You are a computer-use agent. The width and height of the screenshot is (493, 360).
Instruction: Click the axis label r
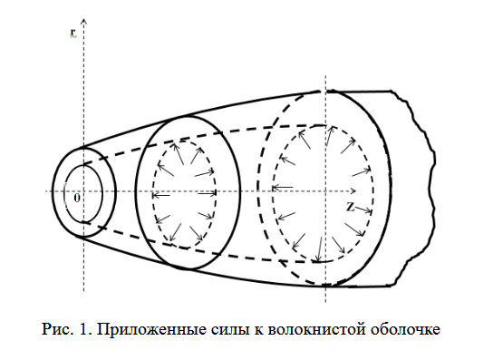click(72, 33)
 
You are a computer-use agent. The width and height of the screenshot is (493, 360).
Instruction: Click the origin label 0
click(77, 198)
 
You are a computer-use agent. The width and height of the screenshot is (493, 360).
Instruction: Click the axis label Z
click(350, 207)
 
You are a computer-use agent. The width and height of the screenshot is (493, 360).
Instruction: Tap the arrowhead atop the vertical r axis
click(84, 22)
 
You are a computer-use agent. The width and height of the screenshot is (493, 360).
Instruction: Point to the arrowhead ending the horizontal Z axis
click(353, 191)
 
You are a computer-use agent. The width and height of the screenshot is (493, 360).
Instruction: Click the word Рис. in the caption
click(56, 329)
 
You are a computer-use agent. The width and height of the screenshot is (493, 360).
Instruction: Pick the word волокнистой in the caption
click(316, 330)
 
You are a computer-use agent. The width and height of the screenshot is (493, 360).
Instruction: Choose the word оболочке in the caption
click(406, 330)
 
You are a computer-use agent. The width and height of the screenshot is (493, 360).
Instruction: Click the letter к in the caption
click(258, 330)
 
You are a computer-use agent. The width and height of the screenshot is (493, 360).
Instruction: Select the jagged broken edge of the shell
click(419, 189)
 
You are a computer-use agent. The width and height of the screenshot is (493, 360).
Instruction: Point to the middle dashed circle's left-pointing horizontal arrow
click(160, 196)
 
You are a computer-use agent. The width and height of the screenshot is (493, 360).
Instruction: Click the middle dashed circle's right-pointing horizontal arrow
click(208, 193)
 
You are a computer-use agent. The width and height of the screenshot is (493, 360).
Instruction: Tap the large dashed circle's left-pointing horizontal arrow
click(283, 188)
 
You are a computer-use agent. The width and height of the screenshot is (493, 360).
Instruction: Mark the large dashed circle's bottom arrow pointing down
click(319, 249)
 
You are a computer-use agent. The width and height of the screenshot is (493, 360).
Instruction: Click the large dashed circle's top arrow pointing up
click(329, 136)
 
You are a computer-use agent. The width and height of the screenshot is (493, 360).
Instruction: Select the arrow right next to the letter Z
click(362, 209)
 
